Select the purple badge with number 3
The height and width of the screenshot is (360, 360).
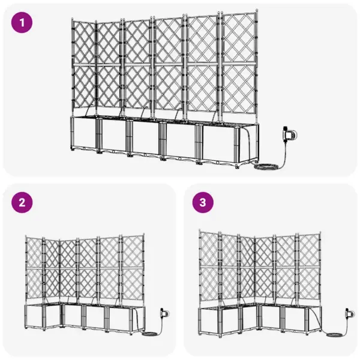pos(203,203)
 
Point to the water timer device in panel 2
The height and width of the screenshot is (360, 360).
pos(163,313)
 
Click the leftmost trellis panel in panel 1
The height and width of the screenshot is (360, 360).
pos(83,66)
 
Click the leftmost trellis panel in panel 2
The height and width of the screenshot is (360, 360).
pos(35,270)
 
